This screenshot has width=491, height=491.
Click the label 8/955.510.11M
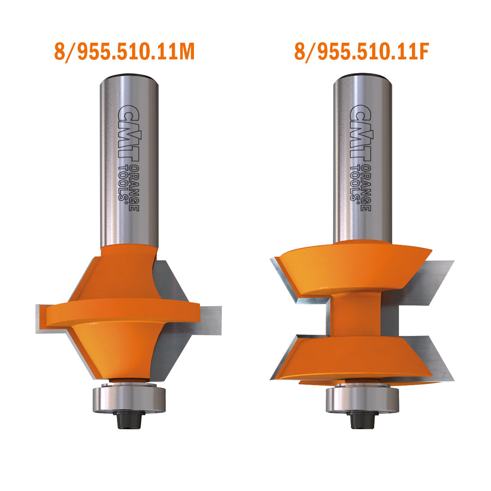124,52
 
